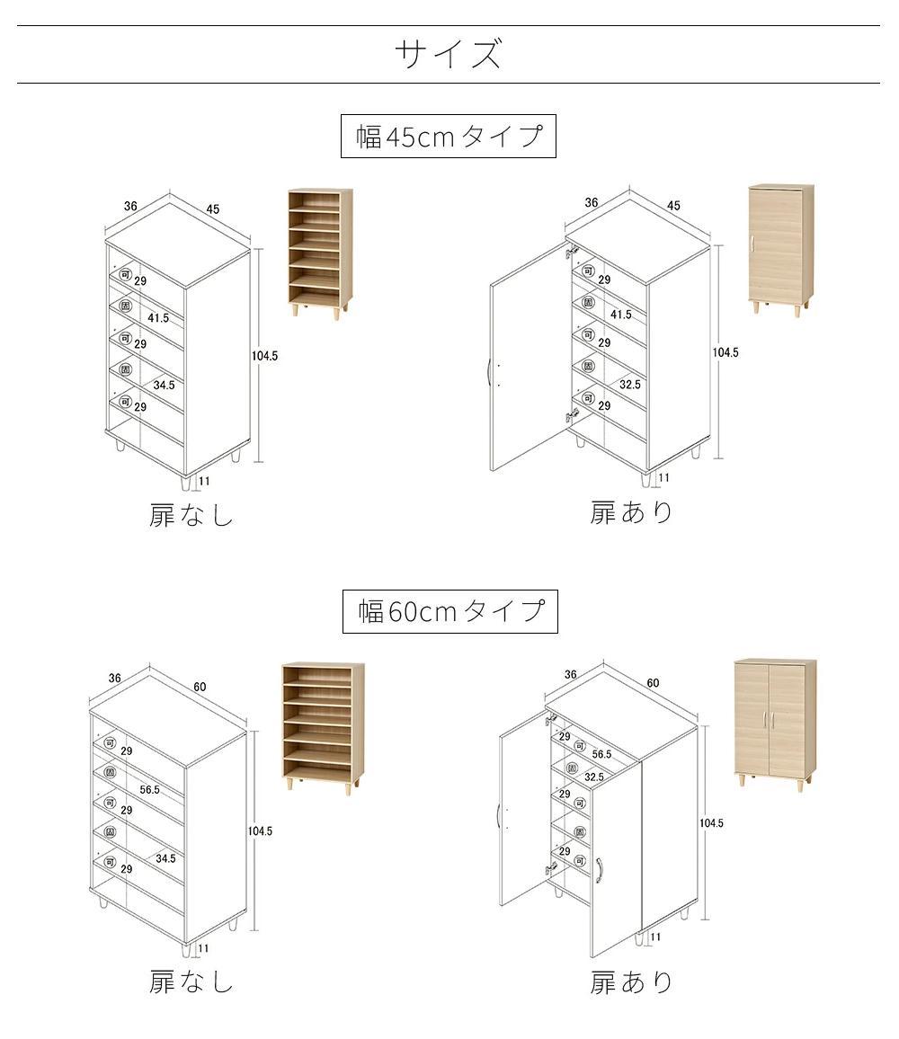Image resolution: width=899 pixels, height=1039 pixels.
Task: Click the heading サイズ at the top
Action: [449, 55]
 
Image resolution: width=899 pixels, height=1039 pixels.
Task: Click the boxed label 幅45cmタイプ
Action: [449, 137]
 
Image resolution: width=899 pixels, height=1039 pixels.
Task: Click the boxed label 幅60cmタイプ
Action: [450, 612]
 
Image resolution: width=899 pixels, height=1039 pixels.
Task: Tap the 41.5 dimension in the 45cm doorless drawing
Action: [159, 318]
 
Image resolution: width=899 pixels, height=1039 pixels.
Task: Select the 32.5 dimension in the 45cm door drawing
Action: [630, 384]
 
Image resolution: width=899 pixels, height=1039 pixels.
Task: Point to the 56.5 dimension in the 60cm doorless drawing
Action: [150, 790]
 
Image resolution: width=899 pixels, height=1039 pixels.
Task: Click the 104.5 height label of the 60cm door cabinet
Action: [711, 823]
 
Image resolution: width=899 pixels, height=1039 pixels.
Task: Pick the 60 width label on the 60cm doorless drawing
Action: [200, 687]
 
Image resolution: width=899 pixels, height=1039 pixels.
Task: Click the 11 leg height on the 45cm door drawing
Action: [664, 478]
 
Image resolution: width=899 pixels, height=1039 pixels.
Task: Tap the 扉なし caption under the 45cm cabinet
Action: [191, 516]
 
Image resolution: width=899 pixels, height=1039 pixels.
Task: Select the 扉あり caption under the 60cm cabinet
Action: [631, 982]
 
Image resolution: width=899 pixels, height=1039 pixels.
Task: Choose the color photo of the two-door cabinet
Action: [774, 724]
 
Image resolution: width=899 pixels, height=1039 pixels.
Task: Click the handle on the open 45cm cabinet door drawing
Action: [489, 372]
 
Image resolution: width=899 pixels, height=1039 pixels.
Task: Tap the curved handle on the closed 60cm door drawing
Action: [599, 870]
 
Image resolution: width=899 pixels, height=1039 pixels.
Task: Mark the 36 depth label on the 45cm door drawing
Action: [592, 202]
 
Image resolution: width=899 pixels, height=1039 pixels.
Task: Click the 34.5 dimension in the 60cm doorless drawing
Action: [165, 858]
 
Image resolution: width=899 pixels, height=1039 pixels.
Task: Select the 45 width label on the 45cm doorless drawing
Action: [213, 209]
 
